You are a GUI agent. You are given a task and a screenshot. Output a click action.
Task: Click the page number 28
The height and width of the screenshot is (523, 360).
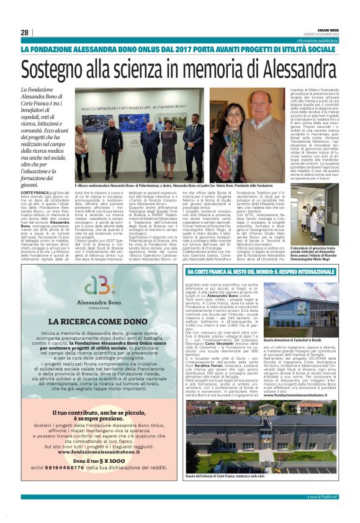click(x=24, y=32)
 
